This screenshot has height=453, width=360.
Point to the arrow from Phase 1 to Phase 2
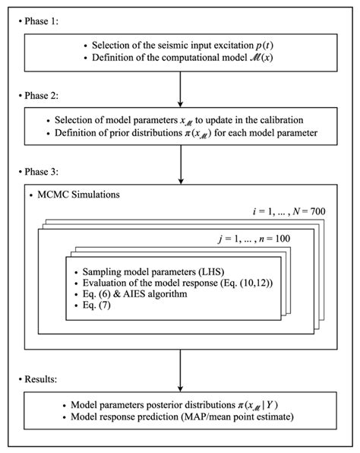(x=180, y=87)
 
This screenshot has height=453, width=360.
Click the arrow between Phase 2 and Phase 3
(x=180, y=154)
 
